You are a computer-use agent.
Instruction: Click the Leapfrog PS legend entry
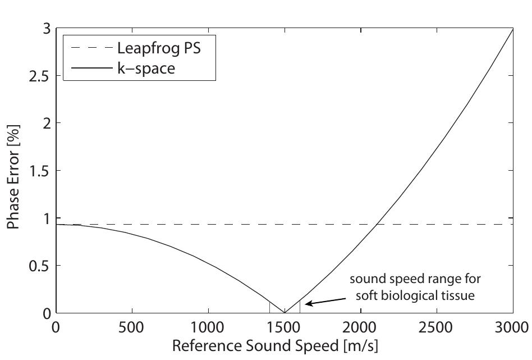(158, 48)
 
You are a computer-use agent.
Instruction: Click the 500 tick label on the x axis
(131, 327)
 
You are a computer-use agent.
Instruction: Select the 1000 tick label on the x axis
(208, 327)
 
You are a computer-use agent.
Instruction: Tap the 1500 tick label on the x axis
(284, 327)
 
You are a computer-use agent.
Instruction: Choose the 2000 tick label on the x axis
(360, 327)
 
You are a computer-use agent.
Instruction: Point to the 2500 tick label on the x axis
(437, 327)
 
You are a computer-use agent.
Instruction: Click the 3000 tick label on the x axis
(512, 327)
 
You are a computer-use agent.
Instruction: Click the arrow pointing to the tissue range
(319, 302)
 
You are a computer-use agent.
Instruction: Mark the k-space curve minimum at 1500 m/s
(285, 312)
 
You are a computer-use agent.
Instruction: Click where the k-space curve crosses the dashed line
(377, 224)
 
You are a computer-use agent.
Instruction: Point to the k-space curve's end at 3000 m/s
(513, 28)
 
